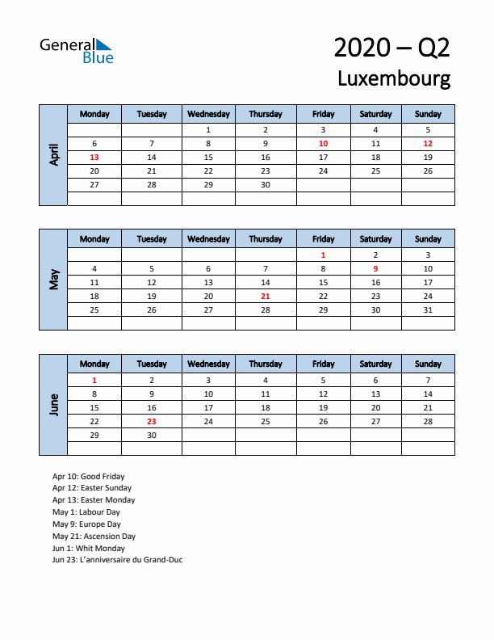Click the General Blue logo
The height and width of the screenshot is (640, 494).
[x=77, y=50]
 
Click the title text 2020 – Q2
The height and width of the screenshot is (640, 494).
[x=391, y=48]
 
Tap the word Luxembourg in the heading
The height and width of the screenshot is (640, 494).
[x=394, y=78]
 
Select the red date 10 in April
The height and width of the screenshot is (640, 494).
[x=323, y=143]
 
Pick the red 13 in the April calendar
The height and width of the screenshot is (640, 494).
[x=94, y=158]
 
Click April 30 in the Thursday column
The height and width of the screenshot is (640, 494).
[x=266, y=185]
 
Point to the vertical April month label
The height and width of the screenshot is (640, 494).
[x=53, y=155]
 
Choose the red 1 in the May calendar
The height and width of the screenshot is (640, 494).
[x=323, y=255]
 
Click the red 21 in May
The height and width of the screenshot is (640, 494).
[x=266, y=297]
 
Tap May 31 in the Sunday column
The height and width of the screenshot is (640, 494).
[x=428, y=310]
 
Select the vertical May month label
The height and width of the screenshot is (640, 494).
[x=53, y=280]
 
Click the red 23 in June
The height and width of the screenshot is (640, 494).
[x=152, y=421]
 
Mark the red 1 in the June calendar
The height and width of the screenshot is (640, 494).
[x=94, y=380]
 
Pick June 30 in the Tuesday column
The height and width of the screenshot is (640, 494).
[x=152, y=435]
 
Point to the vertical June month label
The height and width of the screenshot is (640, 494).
[x=53, y=405]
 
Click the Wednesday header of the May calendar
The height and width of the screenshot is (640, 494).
[x=208, y=239]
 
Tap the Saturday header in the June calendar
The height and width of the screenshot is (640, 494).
[x=375, y=364]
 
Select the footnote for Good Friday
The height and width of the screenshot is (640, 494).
[x=89, y=476]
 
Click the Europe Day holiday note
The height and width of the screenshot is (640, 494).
[x=86, y=524]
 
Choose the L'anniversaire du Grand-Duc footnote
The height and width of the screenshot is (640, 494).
[x=118, y=560]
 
